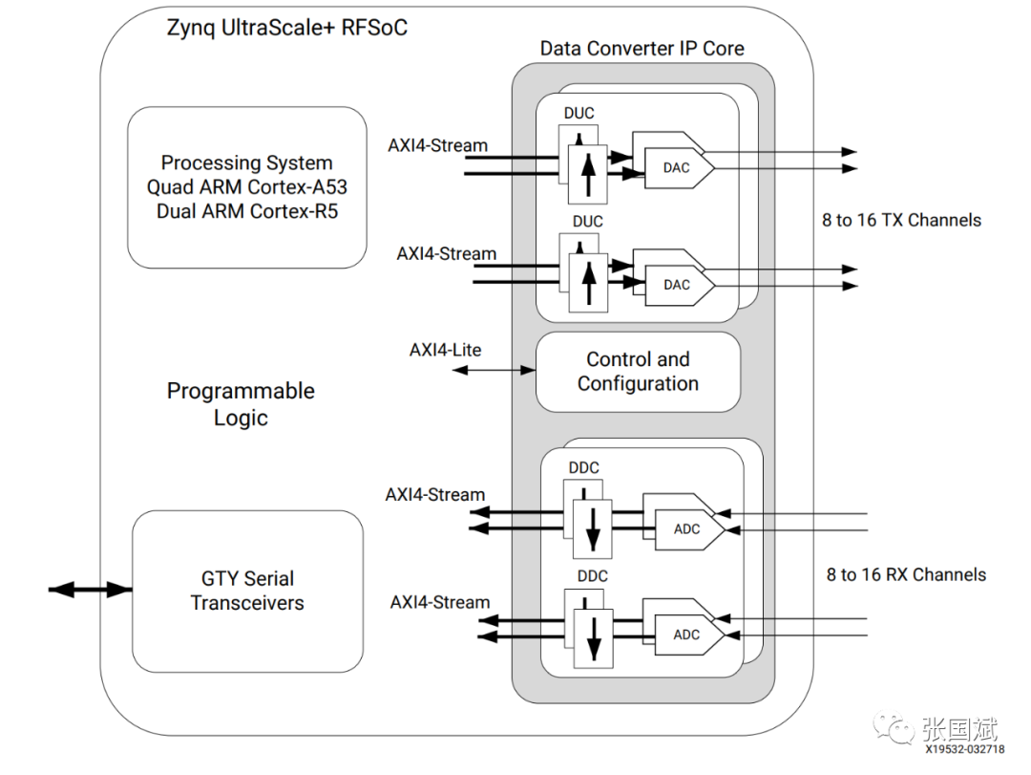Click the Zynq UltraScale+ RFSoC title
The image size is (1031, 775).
(x=286, y=27)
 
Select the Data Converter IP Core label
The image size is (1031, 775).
(x=642, y=48)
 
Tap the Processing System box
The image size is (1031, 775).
(x=246, y=187)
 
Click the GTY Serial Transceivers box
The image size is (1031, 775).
(x=247, y=591)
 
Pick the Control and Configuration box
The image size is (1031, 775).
(x=638, y=372)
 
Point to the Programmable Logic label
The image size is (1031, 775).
(x=241, y=404)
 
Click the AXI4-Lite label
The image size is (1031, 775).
(x=445, y=350)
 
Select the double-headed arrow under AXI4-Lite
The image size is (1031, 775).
(x=494, y=369)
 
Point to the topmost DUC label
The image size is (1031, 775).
(x=579, y=113)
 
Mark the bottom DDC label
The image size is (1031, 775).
(x=592, y=576)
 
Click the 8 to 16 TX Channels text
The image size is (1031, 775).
(x=901, y=220)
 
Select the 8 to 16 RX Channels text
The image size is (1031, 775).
(x=906, y=574)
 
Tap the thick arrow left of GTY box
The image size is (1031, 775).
(x=90, y=590)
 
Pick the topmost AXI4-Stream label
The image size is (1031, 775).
(x=437, y=145)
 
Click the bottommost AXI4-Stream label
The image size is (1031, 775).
(x=439, y=602)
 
